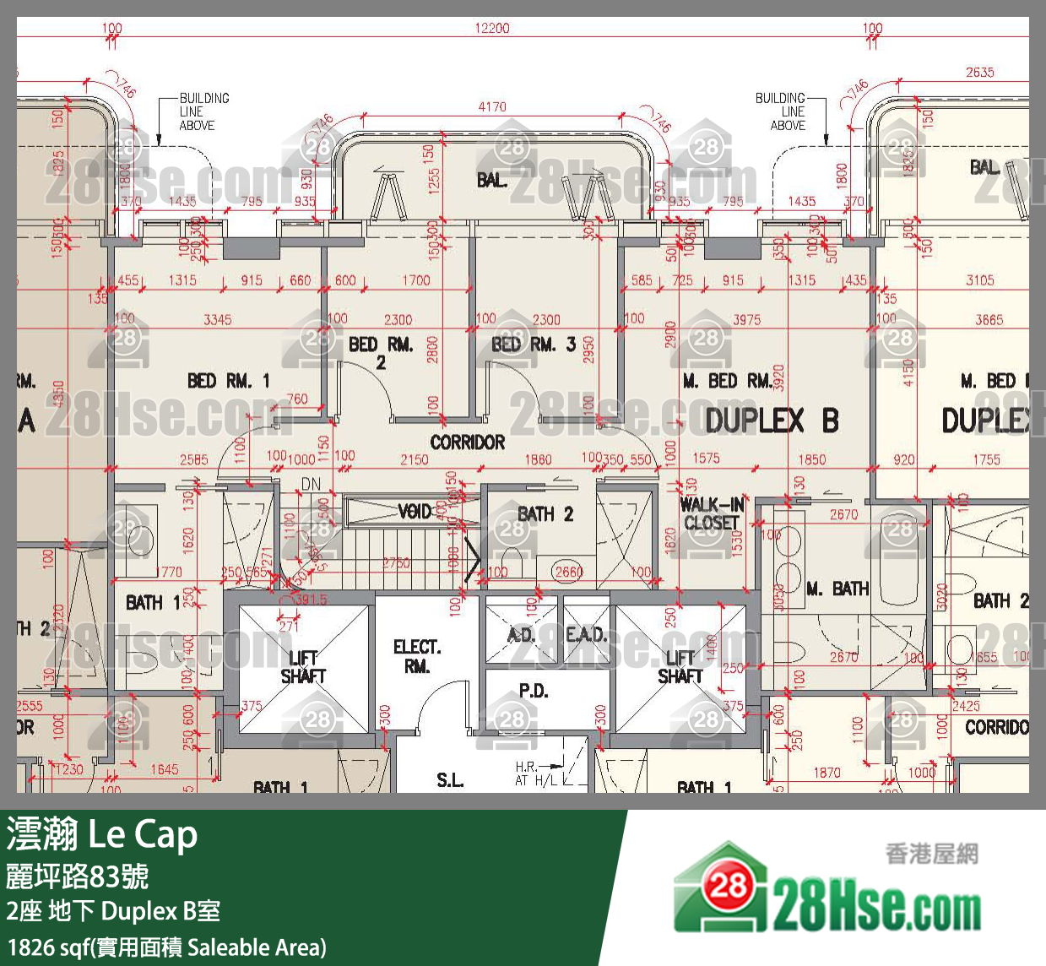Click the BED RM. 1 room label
coord(228,381)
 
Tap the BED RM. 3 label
coord(534,345)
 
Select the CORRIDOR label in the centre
coord(467,442)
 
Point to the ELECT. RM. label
coord(417,656)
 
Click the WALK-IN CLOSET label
coord(712,513)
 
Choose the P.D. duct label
coord(533,691)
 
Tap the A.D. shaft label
coord(521,634)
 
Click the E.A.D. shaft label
coord(586,634)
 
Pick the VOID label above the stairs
coord(415,511)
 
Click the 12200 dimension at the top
coord(492,28)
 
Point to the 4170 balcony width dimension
coord(492,107)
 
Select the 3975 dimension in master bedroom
coord(746,319)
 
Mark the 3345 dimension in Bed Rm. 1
coord(217,319)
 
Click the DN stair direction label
coord(312,484)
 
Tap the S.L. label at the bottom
coord(450,780)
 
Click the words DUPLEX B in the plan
coord(772,420)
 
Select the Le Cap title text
coord(143,834)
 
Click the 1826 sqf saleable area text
coord(167,947)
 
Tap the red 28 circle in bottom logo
coord(728,886)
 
